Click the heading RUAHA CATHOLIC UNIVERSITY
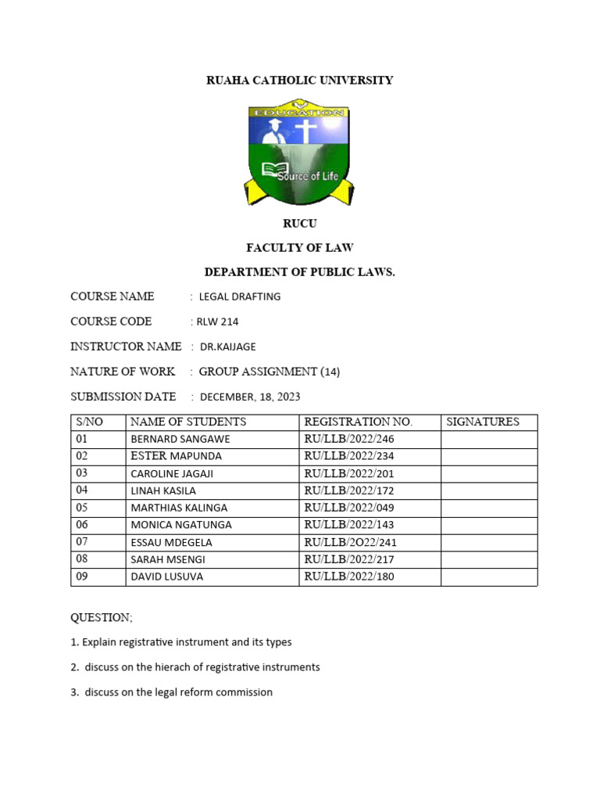click(x=299, y=81)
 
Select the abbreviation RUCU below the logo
click(x=299, y=224)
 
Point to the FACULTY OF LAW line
click(x=299, y=248)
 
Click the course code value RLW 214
click(x=216, y=321)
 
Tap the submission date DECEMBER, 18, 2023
click(x=250, y=397)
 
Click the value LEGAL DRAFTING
click(x=240, y=296)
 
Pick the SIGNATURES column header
click(x=482, y=422)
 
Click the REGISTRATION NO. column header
click(x=358, y=422)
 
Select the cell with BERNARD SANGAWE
click(x=180, y=439)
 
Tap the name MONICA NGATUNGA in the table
click(x=181, y=525)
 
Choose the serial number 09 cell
click(x=82, y=577)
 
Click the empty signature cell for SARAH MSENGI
click(x=489, y=559)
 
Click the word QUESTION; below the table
click(x=102, y=617)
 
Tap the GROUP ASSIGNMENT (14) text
click(x=270, y=372)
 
